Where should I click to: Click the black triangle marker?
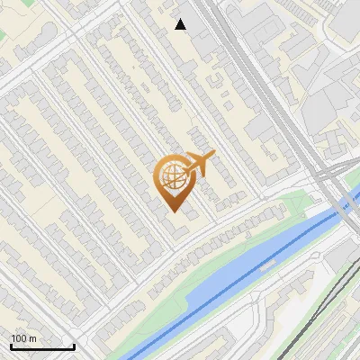tap(181, 24)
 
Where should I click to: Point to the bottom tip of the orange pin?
tap(173, 211)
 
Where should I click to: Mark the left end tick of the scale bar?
tap(11, 346)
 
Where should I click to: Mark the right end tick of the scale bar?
tap(74, 346)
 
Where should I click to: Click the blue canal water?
tap(225, 279)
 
